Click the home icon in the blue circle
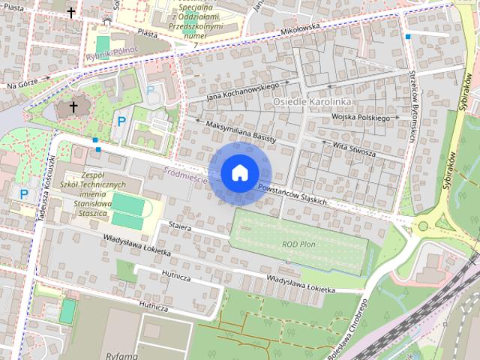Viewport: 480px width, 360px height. [x=238, y=172]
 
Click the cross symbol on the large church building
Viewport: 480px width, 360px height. [x=73, y=107]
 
